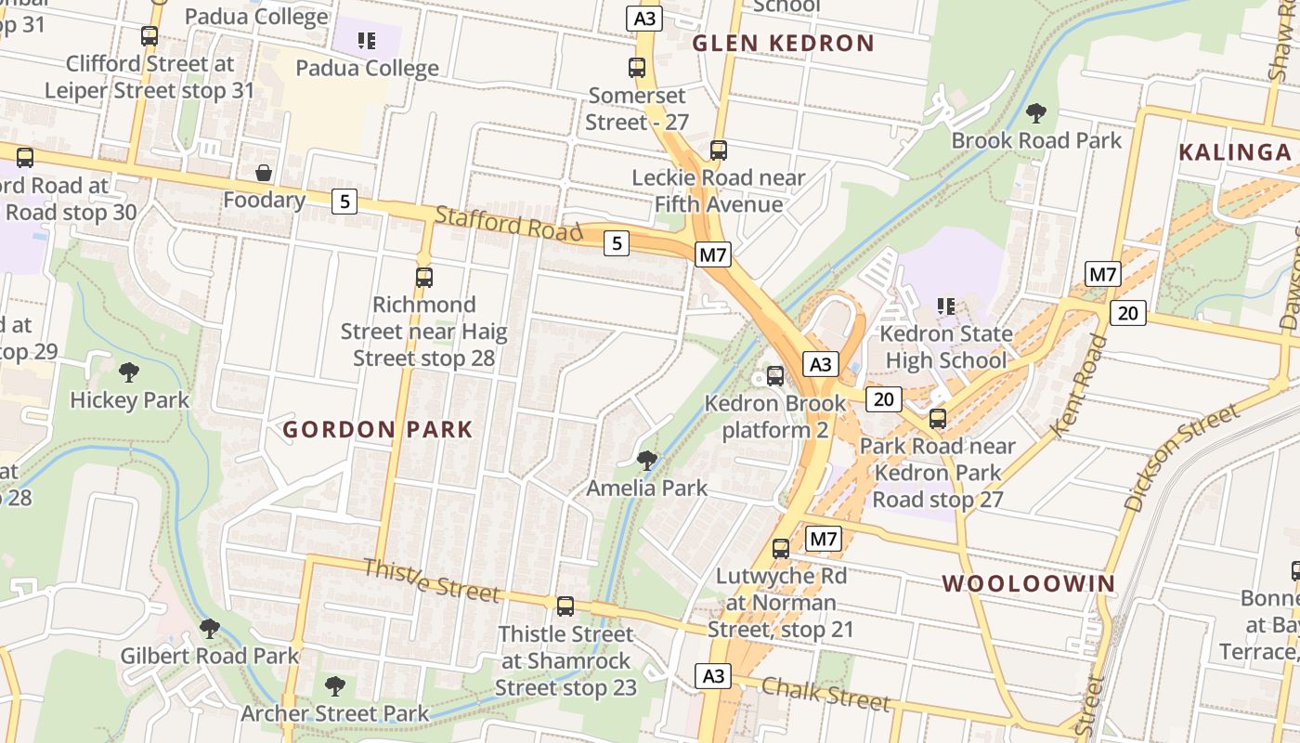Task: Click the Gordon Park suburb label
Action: [378, 430]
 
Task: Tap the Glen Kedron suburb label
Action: [783, 44]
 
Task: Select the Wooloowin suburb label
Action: [1029, 584]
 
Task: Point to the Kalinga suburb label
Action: [1235, 153]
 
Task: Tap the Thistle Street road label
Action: [431, 580]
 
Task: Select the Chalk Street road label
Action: [825, 694]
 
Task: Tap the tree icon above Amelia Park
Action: [647, 460]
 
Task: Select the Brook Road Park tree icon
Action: [1036, 113]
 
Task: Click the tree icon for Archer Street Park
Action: [334, 686]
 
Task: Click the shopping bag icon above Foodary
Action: [264, 173]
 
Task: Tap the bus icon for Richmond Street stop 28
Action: [424, 277]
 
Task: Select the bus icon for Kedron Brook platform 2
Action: [775, 376]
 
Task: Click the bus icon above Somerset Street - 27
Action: [637, 68]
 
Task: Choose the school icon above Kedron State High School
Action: [946, 306]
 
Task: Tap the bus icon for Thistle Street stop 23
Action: [565, 606]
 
